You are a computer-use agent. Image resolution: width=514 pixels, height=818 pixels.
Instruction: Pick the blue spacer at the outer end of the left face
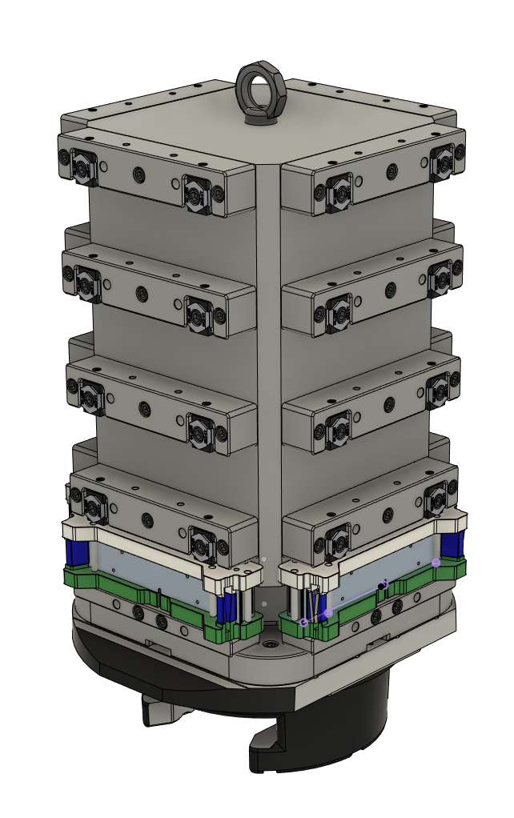point(78,551)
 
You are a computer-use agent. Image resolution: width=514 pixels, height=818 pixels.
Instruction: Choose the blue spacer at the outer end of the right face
point(451,543)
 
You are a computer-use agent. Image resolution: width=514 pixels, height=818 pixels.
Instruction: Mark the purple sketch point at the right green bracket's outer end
point(436,563)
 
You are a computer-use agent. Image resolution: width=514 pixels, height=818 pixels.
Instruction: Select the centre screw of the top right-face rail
point(392,170)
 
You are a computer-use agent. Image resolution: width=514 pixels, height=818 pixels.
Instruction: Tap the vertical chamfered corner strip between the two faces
point(268,360)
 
